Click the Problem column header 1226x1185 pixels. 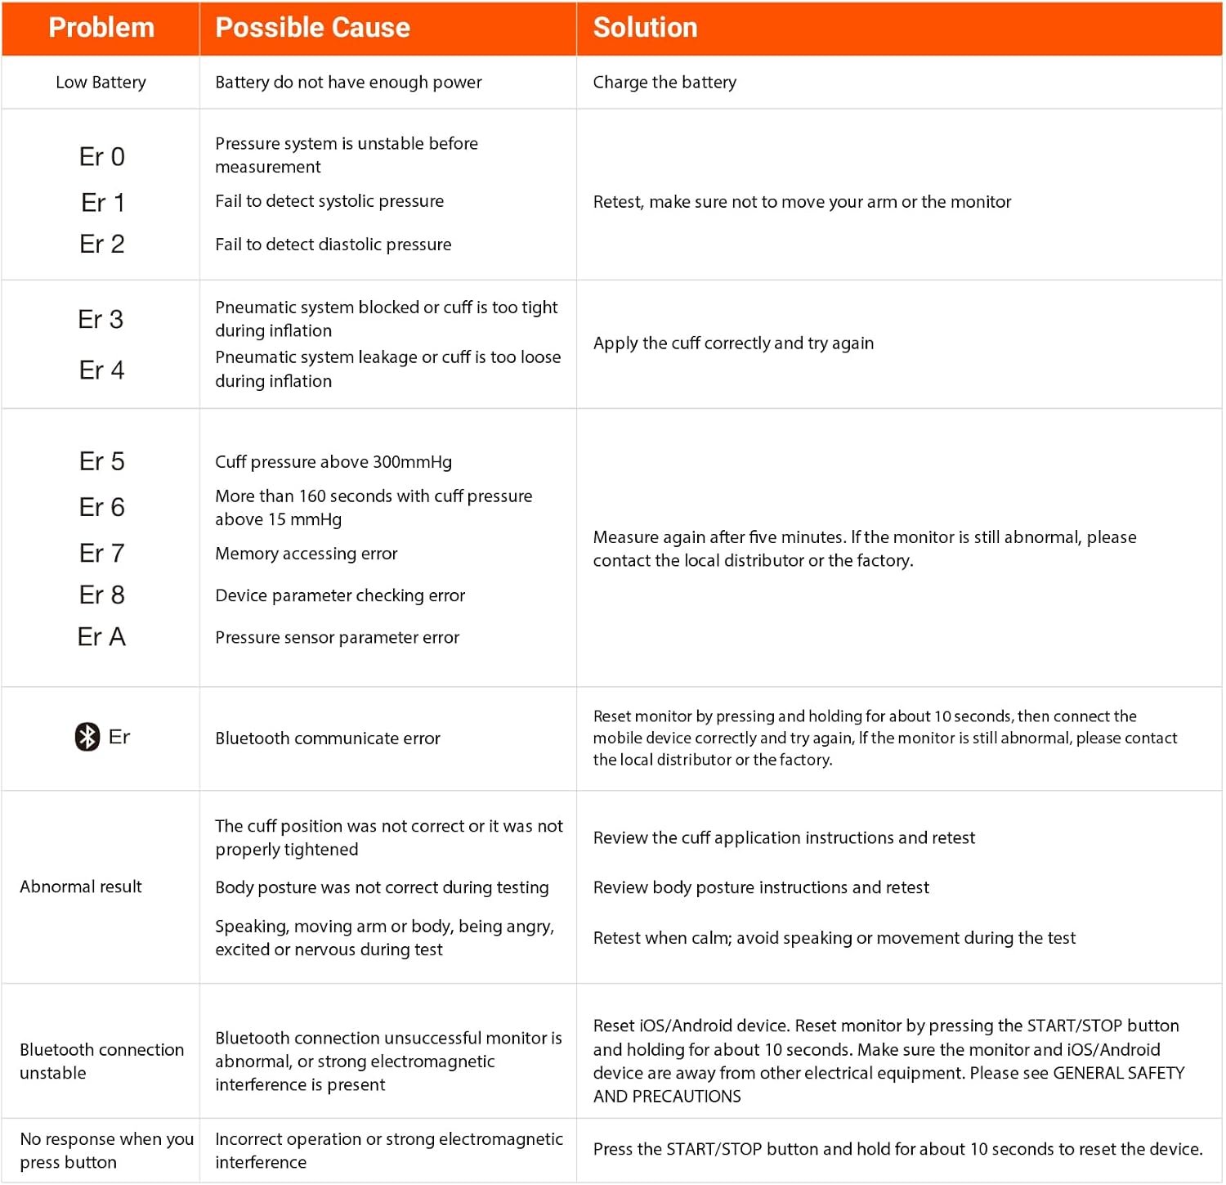(101, 28)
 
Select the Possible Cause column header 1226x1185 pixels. (312, 28)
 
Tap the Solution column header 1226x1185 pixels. (645, 28)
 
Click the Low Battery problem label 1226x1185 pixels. (101, 83)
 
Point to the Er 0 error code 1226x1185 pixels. (102, 157)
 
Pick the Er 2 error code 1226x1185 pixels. (102, 245)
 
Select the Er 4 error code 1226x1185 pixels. (102, 370)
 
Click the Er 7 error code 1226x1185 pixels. (102, 554)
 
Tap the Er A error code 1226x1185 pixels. (102, 637)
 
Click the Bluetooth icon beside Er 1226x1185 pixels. (87, 737)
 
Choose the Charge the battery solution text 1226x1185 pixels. (664, 83)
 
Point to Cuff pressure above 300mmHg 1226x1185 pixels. (333, 462)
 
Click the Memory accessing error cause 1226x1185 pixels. (306, 554)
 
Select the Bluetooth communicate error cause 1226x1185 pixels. (328, 738)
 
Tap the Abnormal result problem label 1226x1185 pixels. (81, 887)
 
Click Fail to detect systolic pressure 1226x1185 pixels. (329, 201)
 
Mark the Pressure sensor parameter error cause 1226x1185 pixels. (338, 638)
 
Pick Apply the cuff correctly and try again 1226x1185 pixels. (733, 343)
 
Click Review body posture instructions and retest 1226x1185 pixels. (761, 888)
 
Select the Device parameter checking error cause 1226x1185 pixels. (340, 596)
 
